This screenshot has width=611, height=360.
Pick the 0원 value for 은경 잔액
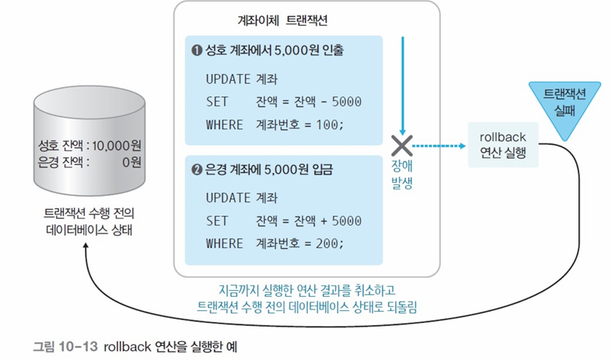(131, 163)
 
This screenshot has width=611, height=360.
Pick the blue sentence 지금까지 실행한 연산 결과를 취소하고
(308, 289)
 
